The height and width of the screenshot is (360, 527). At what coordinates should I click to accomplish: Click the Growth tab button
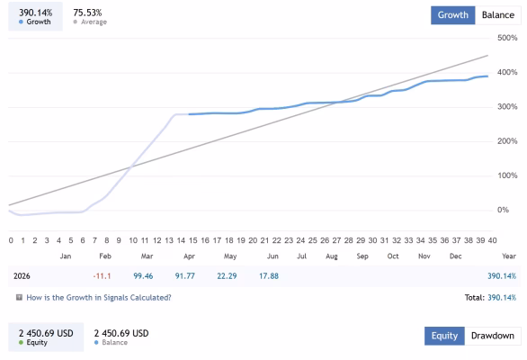452,15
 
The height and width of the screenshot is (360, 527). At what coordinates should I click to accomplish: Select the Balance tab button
498,15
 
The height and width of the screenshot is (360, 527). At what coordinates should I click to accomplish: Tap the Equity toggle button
444,336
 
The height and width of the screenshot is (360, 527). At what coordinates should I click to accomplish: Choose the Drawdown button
493,336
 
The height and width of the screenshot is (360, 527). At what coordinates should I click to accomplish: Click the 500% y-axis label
507,38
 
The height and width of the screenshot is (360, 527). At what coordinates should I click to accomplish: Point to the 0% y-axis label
503,210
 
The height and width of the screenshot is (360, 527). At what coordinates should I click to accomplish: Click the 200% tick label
507,141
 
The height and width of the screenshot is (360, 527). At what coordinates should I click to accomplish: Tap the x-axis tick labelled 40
493,240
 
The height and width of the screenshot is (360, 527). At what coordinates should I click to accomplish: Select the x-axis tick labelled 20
253,240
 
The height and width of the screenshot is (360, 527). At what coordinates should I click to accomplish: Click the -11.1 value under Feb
102,276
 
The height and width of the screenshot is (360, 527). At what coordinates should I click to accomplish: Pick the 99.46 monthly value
143,276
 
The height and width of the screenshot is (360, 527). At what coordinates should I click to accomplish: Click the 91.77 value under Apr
185,276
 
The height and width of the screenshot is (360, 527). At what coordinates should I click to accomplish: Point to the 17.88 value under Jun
269,276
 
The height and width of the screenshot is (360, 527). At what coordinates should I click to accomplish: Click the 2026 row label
22,276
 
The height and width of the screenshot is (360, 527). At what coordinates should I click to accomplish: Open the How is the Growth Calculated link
99,298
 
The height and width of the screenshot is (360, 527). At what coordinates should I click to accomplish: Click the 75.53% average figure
87,13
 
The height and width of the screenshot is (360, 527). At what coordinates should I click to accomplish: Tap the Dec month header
455,256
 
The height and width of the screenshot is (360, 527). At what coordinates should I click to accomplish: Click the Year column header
509,256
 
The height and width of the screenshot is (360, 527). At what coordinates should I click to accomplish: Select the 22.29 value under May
227,276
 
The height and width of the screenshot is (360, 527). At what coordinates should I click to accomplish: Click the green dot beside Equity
22,343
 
